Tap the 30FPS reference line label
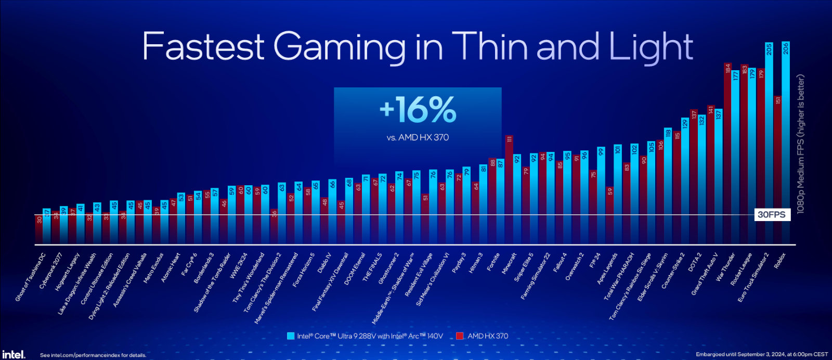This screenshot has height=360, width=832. point(772,214)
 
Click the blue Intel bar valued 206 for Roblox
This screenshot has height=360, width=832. point(786,140)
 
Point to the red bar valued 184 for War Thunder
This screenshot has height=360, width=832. point(727,151)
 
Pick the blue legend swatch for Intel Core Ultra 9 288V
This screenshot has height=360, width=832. point(291,336)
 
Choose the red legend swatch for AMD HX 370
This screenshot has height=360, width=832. point(460,336)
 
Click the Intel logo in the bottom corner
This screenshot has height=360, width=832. point(13,354)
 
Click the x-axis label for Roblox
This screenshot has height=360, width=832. point(779,260)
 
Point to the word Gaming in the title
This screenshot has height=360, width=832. point(340,47)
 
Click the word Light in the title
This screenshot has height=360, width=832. point(651,47)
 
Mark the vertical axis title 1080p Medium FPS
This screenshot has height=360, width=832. point(801,144)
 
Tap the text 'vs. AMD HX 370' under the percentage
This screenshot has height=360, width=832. point(418,138)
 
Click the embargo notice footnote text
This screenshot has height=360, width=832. point(762,354)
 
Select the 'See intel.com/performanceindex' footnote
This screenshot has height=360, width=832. point(93,355)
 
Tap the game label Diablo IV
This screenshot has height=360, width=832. point(323,263)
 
